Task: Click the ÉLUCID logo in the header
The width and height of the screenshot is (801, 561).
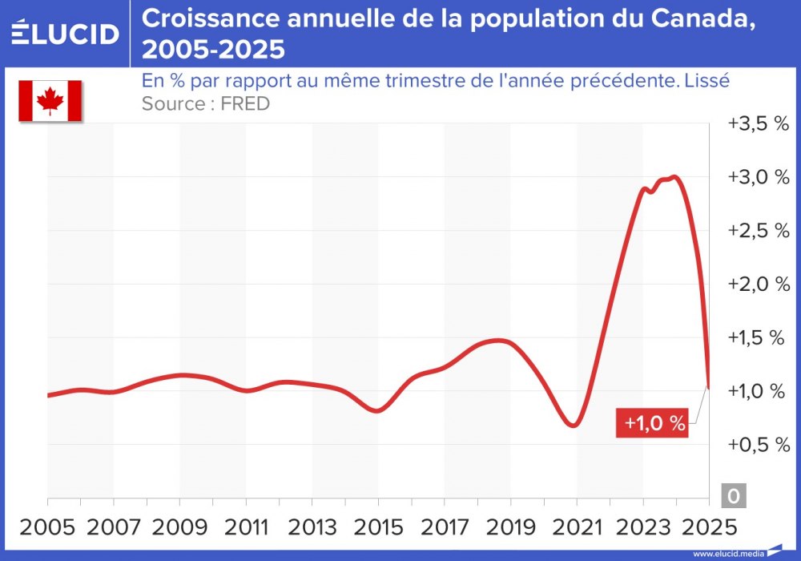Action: (x=64, y=34)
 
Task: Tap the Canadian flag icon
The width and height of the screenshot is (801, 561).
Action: (x=50, y=101)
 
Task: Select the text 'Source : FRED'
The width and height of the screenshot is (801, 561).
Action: (x=205, y=104)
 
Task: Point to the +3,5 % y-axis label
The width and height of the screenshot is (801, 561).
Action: (x=758, y=124)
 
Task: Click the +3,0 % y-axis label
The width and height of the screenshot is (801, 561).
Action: (x=758, y=177)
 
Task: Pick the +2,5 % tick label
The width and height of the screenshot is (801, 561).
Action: (x=758, y=231)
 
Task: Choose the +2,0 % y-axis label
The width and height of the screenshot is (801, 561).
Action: (x=758, y=285)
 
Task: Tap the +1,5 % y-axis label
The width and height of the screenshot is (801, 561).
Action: (x=758, y=337)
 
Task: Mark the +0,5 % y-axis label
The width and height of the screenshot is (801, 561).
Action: (x=758, y=445)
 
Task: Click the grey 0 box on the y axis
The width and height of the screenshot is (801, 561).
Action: (x=733, y=496)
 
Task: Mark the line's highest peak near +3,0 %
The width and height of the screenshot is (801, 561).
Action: (x=674, y=177)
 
